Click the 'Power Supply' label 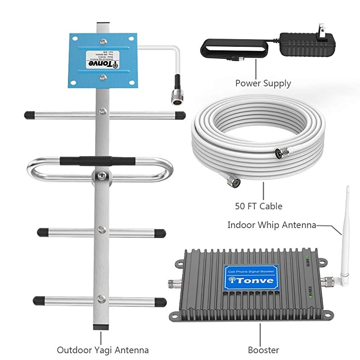pos(263,83)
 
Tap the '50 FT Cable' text pos(259,206)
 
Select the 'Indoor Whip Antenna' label pos(272,225)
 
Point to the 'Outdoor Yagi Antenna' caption pos(103,349)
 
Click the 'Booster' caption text pos(263,349)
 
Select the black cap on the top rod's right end pos(180,115)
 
